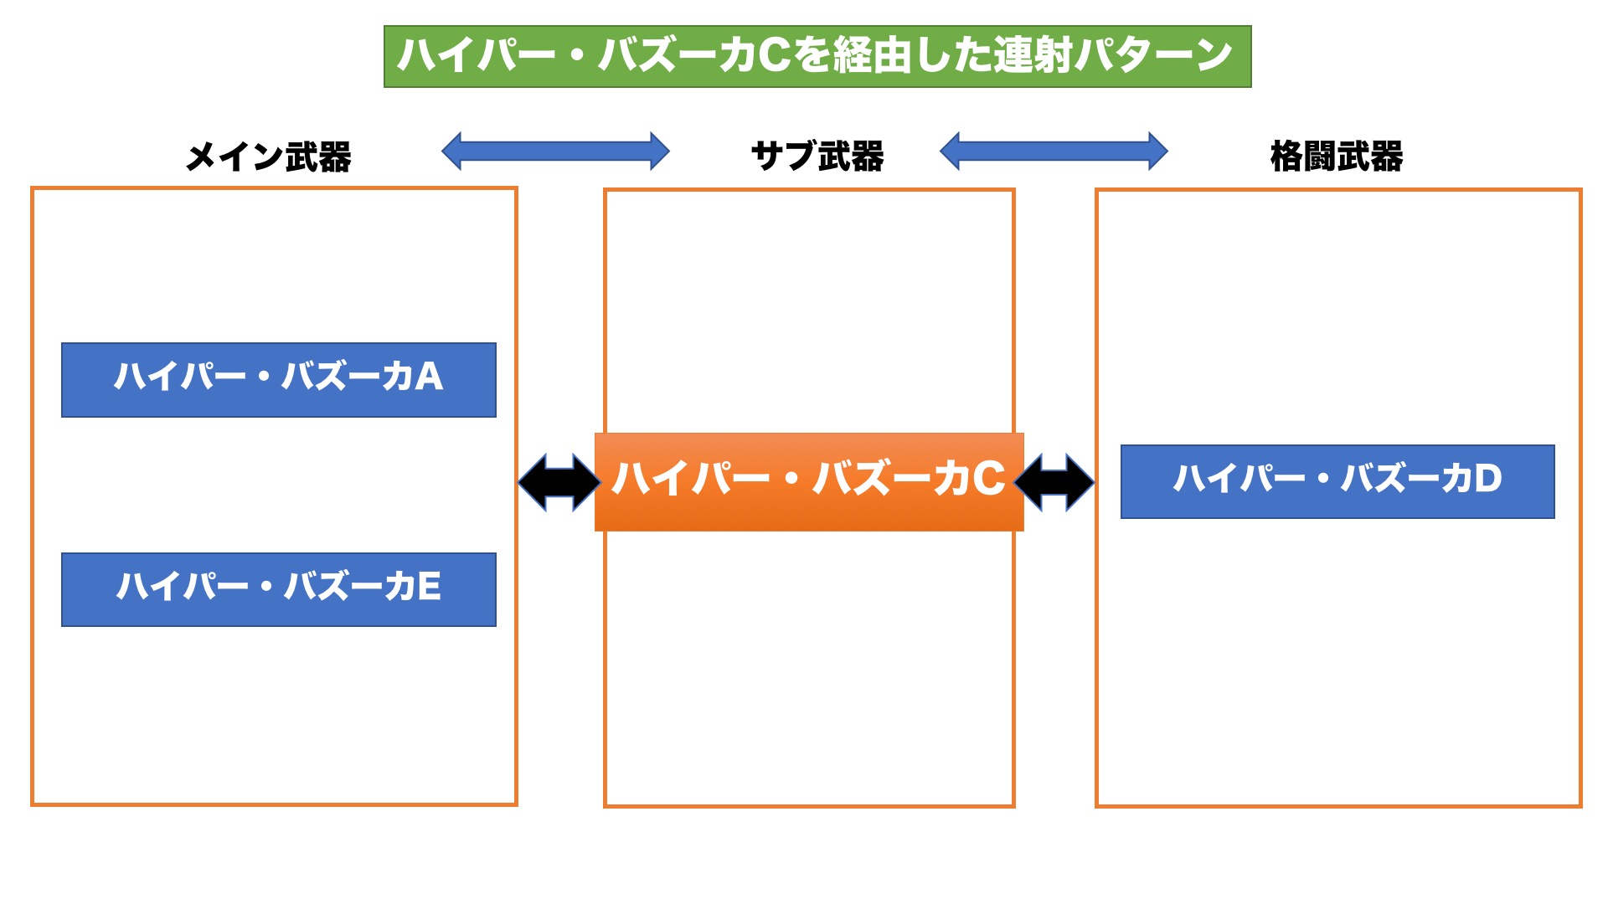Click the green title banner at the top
coord(817,56)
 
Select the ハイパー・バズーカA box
coord(279,379)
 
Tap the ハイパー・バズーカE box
coord(279,589)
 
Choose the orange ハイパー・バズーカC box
coord(809,481)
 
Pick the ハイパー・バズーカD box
coord(1337,481)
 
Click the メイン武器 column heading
coord(268,157)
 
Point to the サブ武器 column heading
coord(817,157)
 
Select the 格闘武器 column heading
coord(1337,157)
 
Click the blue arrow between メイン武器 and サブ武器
coord(555,151)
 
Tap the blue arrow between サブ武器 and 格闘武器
coord(1054,151)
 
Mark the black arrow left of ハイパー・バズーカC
coord(559,482)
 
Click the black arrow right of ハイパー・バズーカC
coord(1054,482)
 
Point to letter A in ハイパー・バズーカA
coord(428,377)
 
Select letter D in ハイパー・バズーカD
coord(1488,479)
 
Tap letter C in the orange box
coord(988,479)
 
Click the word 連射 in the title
coord(1033,55)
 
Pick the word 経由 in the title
coord(873,55)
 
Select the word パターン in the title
coord(1154,55)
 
